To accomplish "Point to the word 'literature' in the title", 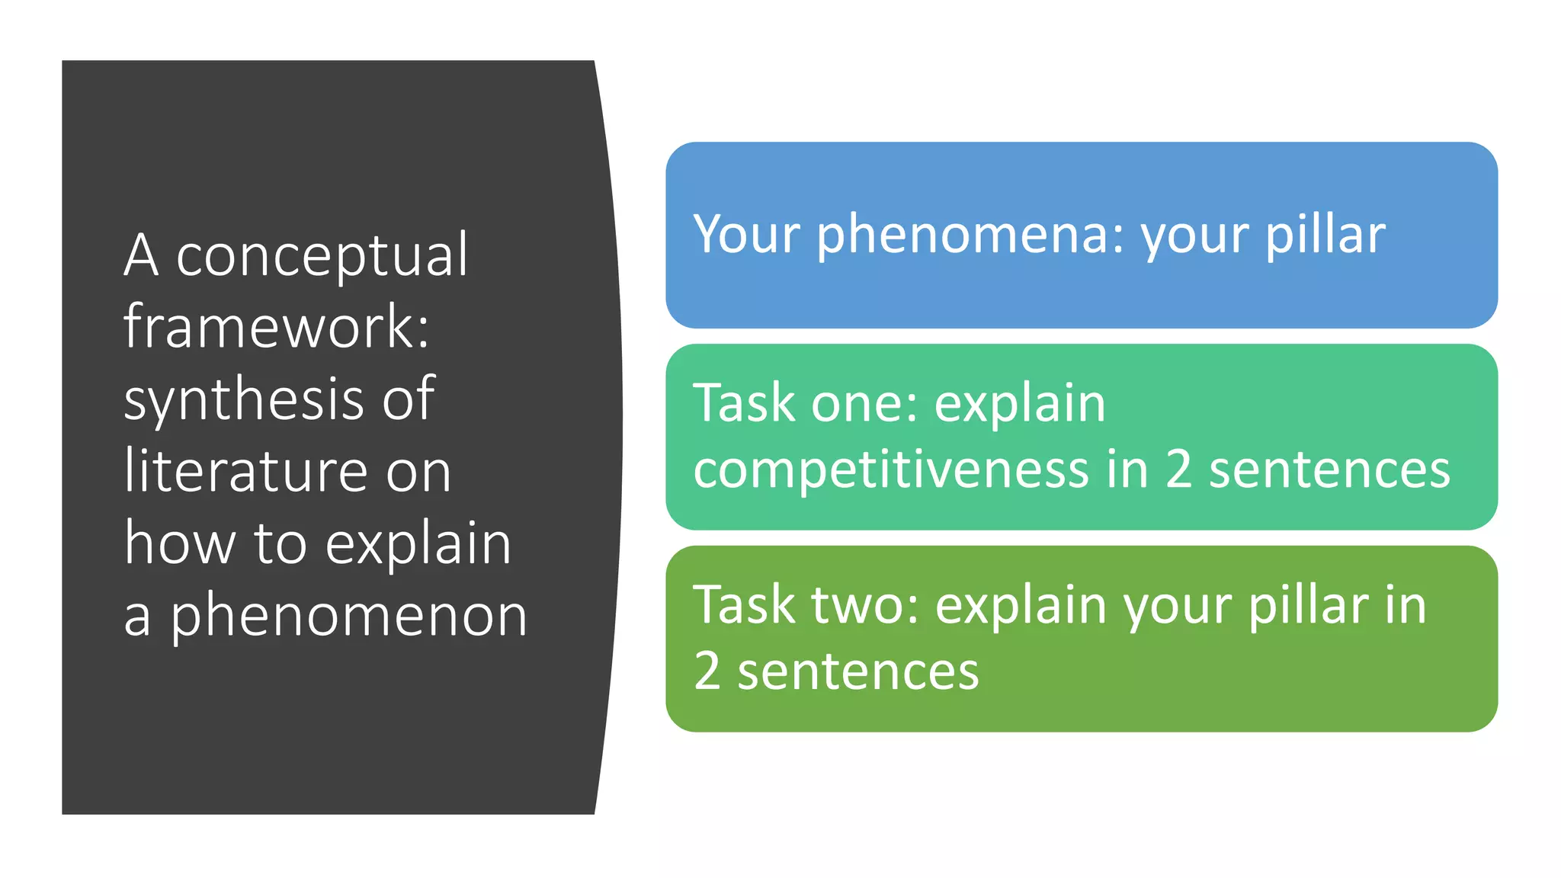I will (245, 470).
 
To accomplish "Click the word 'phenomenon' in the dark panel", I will (348, 617).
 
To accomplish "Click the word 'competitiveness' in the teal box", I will (891, 469).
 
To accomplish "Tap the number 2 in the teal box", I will (1178, 469).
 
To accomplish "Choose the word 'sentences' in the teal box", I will (1330, 469).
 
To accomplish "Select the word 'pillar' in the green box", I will (1308, 605).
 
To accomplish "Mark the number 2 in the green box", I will (707, 671).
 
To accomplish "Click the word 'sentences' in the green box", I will (858, 671).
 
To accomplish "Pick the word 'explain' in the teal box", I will (1020, 403).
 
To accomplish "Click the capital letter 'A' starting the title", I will (142, 256).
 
